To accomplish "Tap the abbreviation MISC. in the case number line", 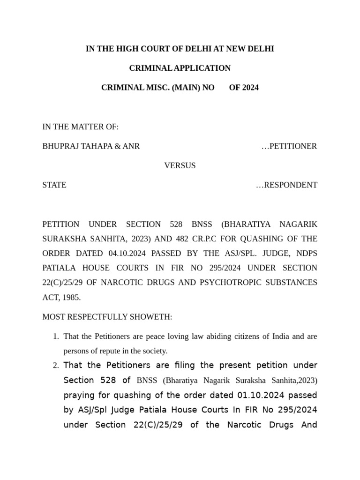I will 158,87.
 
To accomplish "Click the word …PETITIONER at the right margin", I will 289,146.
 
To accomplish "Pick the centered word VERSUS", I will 180,165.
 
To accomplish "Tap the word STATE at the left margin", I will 54,185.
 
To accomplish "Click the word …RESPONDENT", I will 286,185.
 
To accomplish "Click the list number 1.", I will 55,337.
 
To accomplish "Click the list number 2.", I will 55,366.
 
